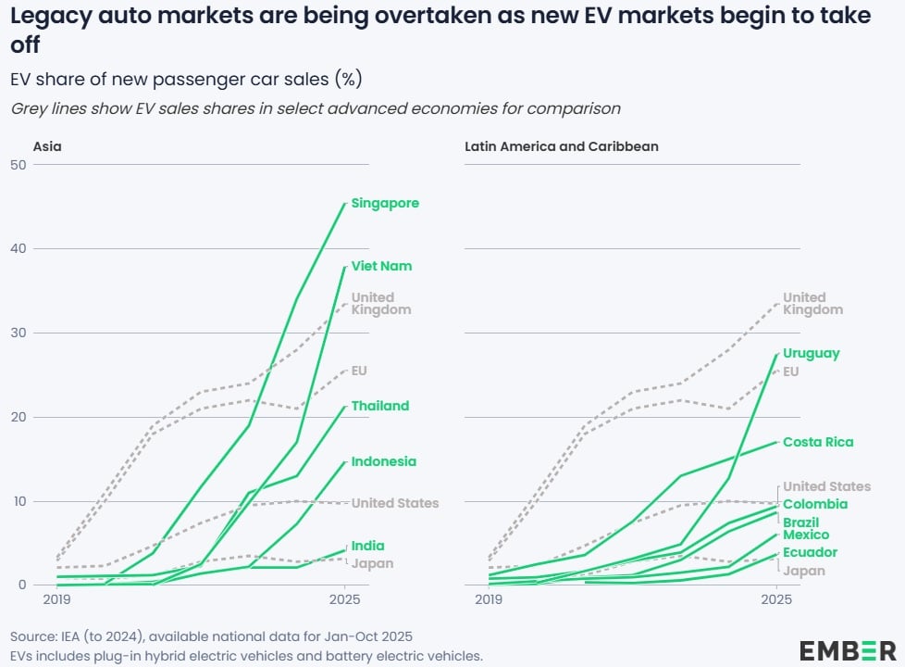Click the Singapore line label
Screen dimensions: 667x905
pos(385,203)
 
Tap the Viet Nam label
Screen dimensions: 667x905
pos(381,266)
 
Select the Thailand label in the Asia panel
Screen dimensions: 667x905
pos(379,406)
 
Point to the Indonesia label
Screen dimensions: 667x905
pos(383,461)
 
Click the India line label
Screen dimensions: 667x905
pos(367,546)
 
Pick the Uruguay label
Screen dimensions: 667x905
pos(812,353)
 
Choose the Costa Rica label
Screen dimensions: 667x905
pos(818,442)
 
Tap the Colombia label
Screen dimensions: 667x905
pos(815,504)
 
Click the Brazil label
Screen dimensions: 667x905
pos(800,522)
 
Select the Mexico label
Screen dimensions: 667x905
pos(806,535)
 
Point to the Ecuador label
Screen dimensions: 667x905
pos(810,552)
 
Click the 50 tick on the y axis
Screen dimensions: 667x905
pos(17,165)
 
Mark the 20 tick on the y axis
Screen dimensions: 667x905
pos(17,417)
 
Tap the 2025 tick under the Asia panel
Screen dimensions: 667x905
pos(345,600)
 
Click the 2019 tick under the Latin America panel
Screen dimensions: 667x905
pos(488,600)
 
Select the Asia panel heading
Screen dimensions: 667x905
pos(48,146)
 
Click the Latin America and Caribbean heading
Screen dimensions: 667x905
pos(562,146)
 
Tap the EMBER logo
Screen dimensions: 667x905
pos(848,649)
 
